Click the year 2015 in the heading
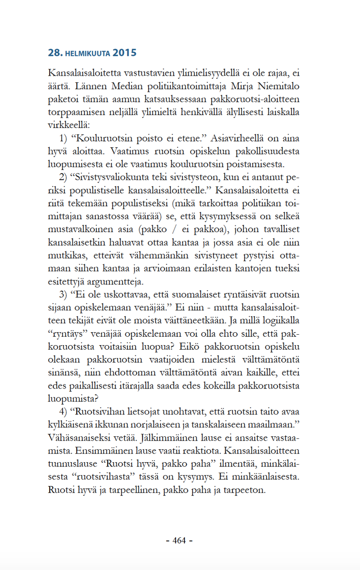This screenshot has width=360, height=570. pos(124,53)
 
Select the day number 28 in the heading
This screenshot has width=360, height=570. pos(54,53)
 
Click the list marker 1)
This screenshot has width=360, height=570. pos(65,139)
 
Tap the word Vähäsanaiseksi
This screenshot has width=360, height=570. pos(79,436)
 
